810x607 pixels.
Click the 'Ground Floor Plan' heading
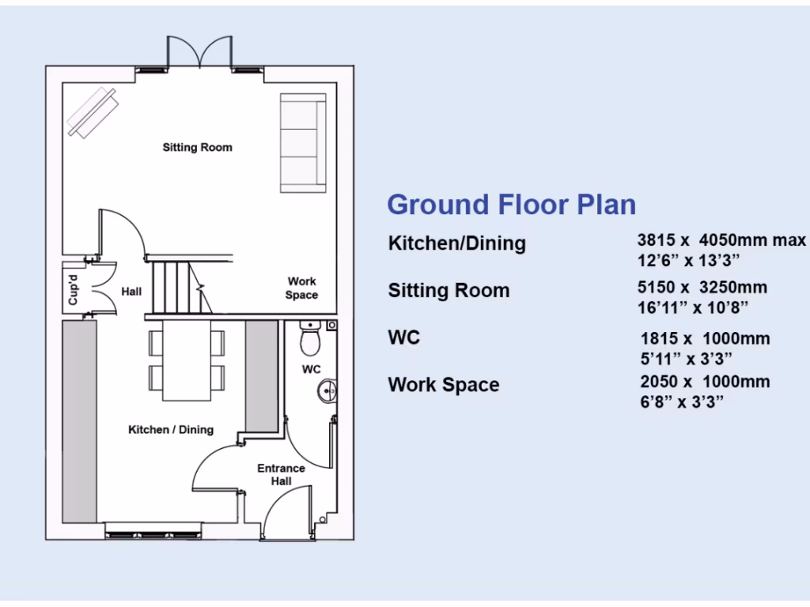511,205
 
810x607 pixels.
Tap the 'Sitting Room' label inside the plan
197,147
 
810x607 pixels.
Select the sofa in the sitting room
302,142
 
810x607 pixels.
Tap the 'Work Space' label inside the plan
301,288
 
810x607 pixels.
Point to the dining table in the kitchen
187,359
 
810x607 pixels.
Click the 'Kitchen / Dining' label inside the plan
171,430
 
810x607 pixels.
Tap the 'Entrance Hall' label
281,474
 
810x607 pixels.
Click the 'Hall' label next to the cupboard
131,292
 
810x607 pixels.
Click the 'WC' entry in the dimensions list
403,338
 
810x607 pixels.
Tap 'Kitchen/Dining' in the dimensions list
456,243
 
